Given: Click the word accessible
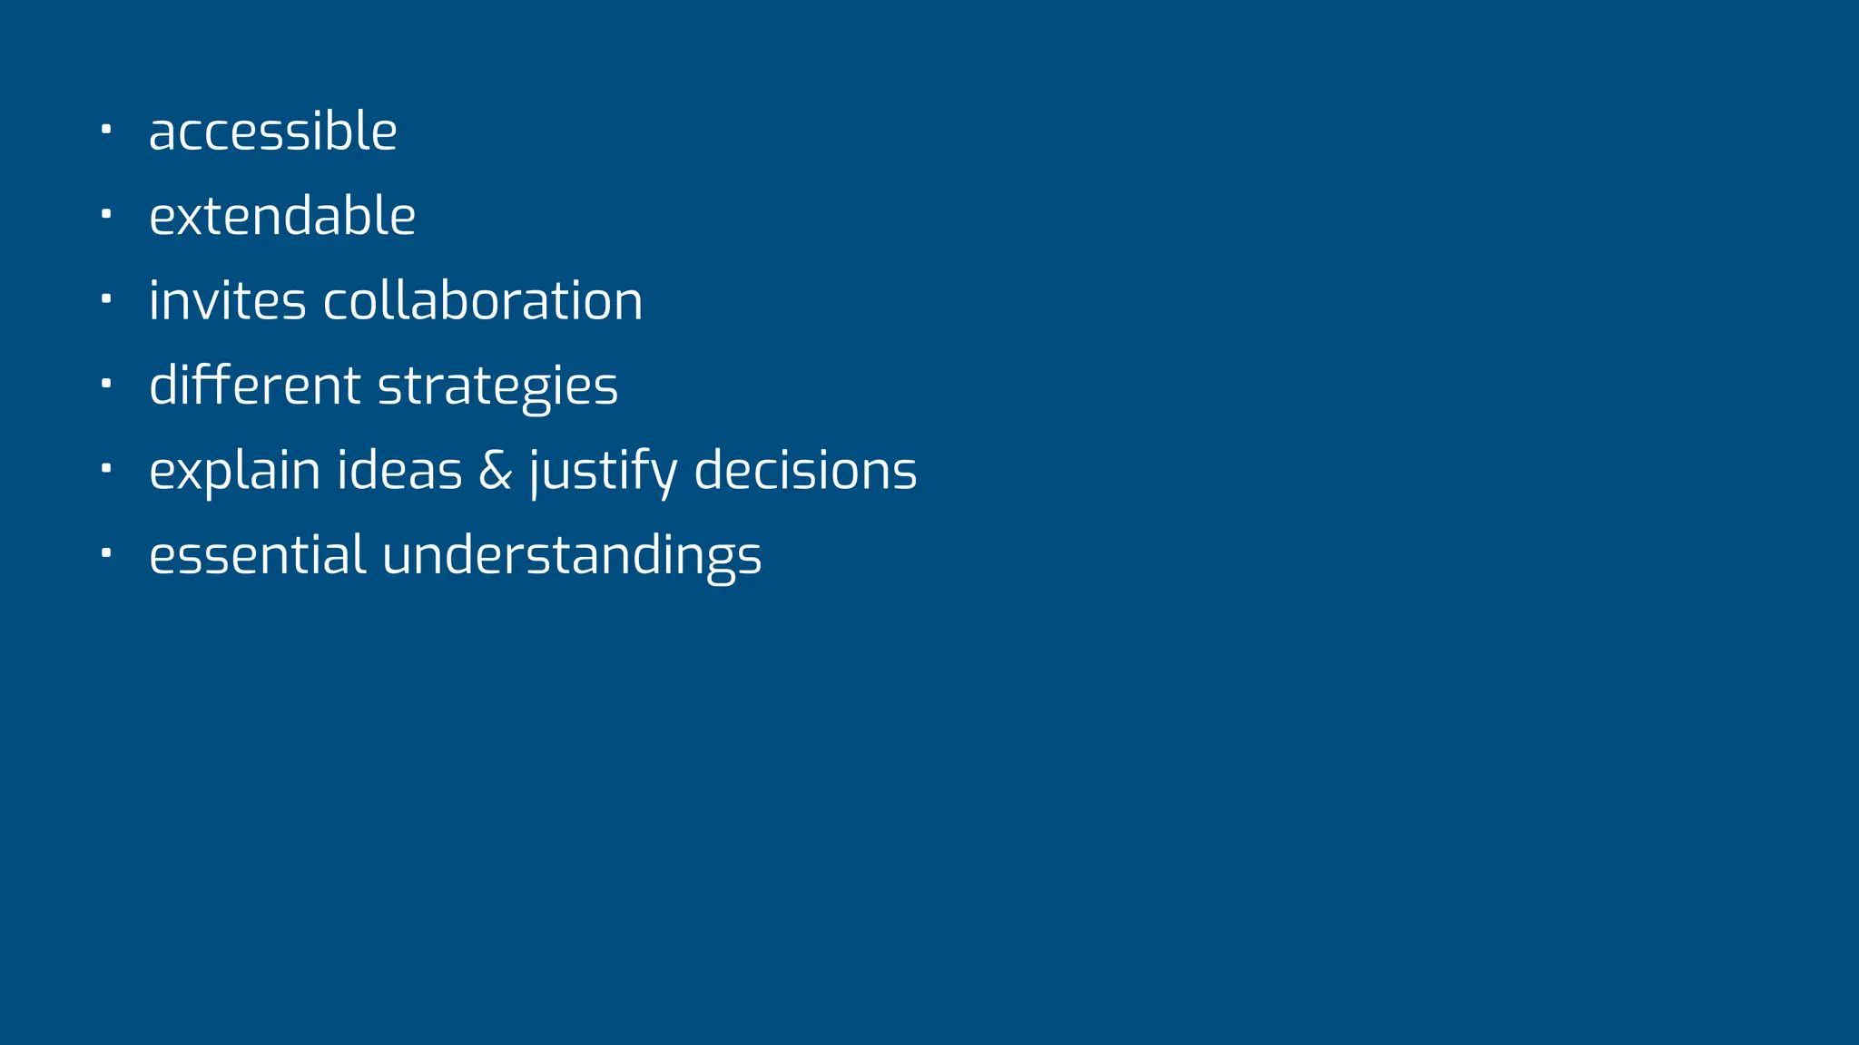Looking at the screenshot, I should (272, 132).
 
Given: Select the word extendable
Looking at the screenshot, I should (282, 216).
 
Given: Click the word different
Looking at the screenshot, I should (254, 386).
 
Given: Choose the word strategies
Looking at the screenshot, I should (497, 387).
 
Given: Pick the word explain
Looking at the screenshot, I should (234, 471).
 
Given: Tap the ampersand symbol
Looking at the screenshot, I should (495, 471).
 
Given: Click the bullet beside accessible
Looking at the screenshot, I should (106, 130).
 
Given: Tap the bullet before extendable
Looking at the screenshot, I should (106, 214).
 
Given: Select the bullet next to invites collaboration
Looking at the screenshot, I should (106, 298).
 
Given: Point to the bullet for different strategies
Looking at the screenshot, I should (106, 384).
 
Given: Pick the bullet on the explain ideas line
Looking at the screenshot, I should (106, 468).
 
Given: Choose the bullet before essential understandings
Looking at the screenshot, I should (106, 552).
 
